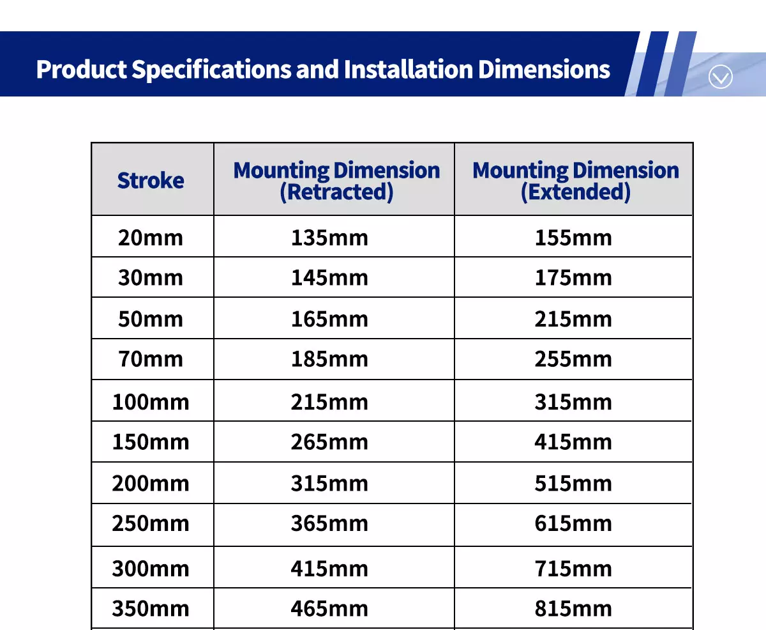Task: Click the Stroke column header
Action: pyautogui.click(x=151, y=180)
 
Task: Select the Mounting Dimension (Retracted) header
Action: pyautogui.click(x=336, y=181)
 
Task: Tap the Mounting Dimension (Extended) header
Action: pyautogui.click(x=576, y=181)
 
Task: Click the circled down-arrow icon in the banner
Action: pyautogui.click(x=720, y=77)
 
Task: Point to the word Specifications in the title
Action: pyautogui.click(x=211, y=70)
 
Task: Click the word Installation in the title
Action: pyautogui.click(x=409, y=69)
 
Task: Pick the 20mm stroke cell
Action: pyautogui.click(x=151, y=238)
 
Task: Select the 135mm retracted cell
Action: pyautogui.click(x=329, y=238)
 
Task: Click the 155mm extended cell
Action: pyautogui.click(x=573, y=238)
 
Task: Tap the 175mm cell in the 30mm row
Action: pyautogui.click(x=573, y=278)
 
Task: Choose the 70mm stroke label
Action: pyautogui.click(x=151, y=360)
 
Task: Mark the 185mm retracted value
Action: pyautogui.click(x=329, y=360)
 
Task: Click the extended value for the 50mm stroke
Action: pyautogui.click(x=573, y=319)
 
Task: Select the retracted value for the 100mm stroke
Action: pyautogui.click(x=329, y=403)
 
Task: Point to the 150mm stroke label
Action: pyautogui.click(x=151, y=442)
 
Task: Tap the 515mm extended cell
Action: pyautogui.click(x=573, y=484)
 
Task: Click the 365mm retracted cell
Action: pyautogui.click(x=329, y=524)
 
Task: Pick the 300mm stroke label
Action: pyautogui.click(x=151, y=569)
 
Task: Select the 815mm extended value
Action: pyautogui.click(x=573, y=609)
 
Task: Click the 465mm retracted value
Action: pyautogui.click(x=329, y=609)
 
